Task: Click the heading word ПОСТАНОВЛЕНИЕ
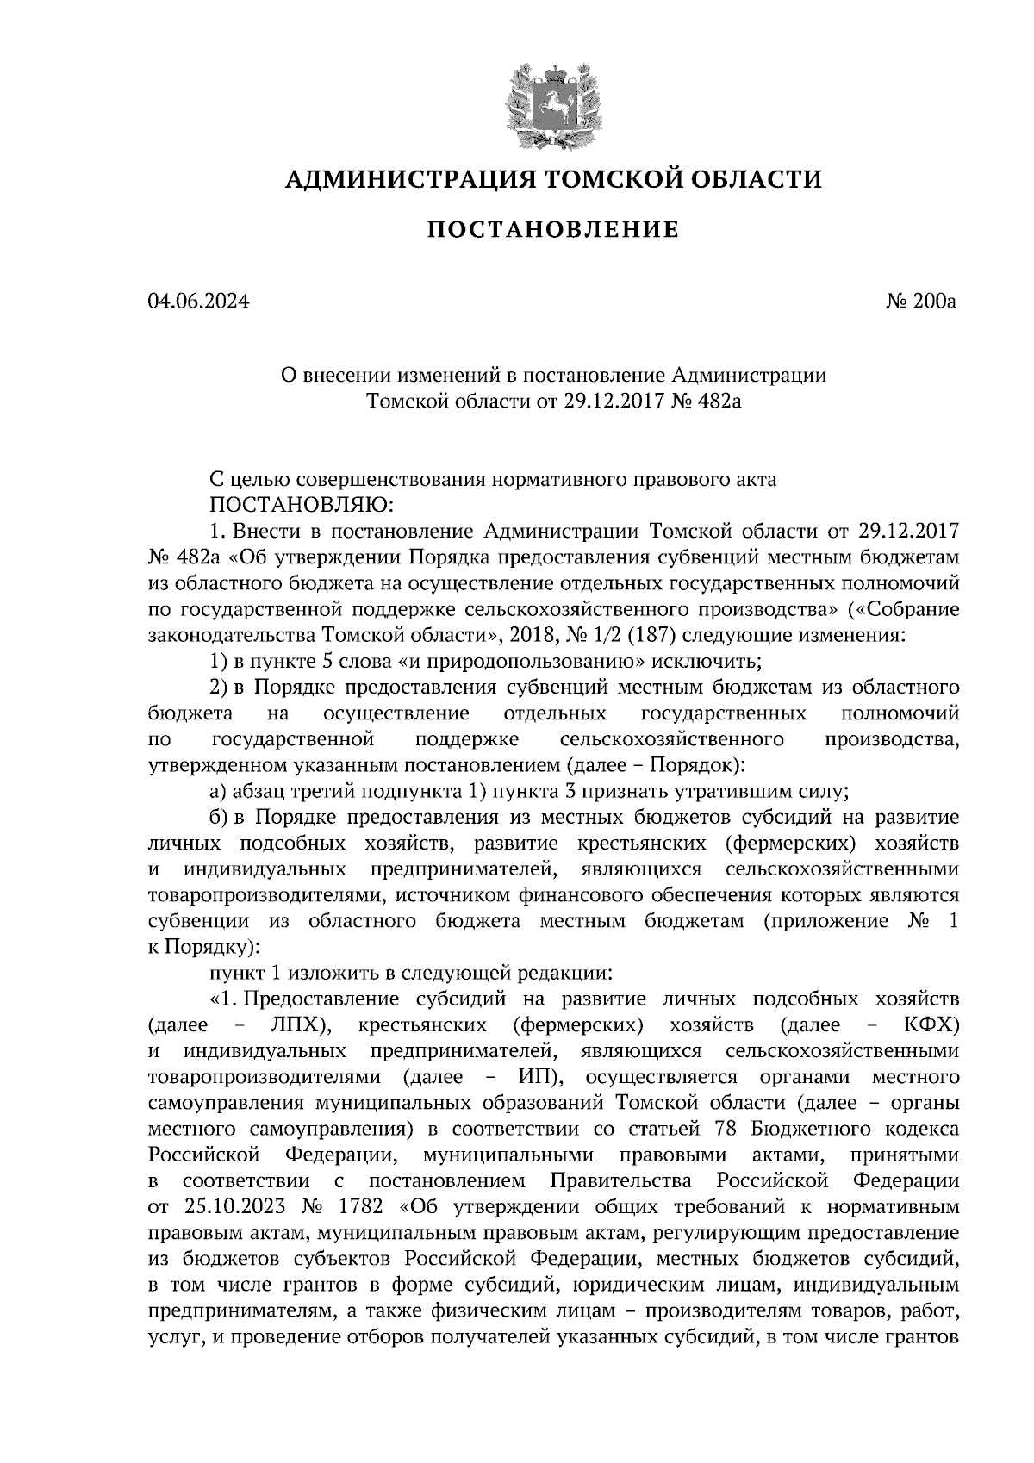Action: tap(553, 230)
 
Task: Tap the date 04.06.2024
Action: tap(198, 302)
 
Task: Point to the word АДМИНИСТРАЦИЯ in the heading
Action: tap(399, 179)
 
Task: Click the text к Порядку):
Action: tap(204, 946)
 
